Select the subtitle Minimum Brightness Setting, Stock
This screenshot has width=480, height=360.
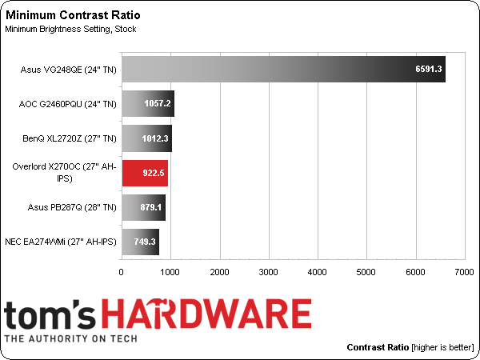coord(70,30)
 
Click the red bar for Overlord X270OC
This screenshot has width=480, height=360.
coord(144,173)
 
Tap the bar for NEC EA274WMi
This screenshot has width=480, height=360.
coord(140,242)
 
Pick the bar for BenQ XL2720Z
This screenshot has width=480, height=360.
coord(146,138)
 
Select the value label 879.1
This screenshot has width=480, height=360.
coord(148,207)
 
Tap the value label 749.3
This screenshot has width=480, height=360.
coord(142,242)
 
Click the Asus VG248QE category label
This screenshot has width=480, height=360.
coord(69,70)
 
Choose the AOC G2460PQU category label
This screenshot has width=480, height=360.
coord(68,104)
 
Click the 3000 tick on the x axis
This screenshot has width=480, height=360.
coord(269,273)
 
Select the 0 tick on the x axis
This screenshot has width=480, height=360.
coord(122,273)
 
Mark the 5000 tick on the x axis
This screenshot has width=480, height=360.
coord(366,273)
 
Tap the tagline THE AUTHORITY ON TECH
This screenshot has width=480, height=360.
coord(71,338)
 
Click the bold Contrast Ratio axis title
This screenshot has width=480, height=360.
coord(378,348)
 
